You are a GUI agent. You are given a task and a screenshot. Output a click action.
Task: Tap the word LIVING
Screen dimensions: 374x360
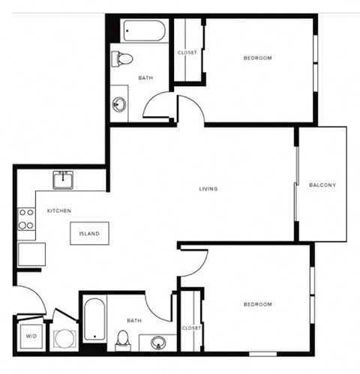pyautogui.click(x=208, y=189)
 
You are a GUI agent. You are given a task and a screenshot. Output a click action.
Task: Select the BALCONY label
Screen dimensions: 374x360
pyautogui.click(x=322, y=185)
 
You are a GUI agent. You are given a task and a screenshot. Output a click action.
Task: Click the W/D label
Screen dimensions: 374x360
pyautogui.click(x=31, y=337)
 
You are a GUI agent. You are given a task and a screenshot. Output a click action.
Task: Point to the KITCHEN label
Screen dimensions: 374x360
pyautogui.click(x=59, y=211)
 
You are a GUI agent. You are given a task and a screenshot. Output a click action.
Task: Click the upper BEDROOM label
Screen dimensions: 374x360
pyautogui.click(x=257, y=58)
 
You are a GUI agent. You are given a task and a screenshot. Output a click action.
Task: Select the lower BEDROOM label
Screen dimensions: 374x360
pyautogui.click(x=257, y=304)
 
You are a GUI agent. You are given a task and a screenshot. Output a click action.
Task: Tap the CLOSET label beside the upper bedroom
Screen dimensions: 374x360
pyautogui.click(x=187, y=52)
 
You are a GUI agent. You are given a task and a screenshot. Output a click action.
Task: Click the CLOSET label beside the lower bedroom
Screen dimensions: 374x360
pyautogui.click(x=191, y=328)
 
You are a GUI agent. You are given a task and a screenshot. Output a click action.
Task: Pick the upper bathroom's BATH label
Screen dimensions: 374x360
pyautogui.click(x=145, y=78)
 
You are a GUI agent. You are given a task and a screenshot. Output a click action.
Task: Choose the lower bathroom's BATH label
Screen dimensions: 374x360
pyautogui.click(x=133, y=321)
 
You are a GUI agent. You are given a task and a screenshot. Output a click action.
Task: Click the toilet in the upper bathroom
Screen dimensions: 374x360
pyautogui.click(x=124, y=58)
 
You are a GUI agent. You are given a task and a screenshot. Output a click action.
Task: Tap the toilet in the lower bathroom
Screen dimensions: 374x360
pyautogui.click(x=123, y=339)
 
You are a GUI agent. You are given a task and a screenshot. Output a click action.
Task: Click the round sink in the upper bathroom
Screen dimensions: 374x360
pyautogui.click(x=120, y=103)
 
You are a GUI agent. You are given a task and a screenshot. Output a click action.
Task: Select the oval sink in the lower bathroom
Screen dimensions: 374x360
pyautogui.click(x=158, y=343)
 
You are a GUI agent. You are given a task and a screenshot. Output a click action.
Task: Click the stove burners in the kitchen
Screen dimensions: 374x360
pyautogui.click(x=26, y=219)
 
